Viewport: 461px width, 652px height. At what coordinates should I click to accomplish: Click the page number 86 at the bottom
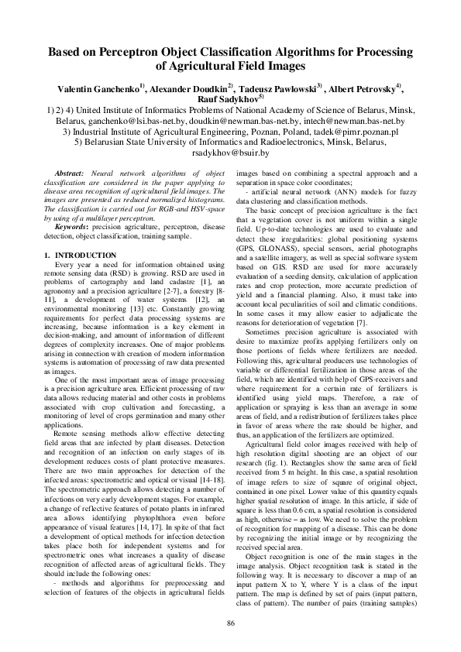click(230, 624)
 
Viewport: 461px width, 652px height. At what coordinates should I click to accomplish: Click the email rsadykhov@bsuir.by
click(231, 154)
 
